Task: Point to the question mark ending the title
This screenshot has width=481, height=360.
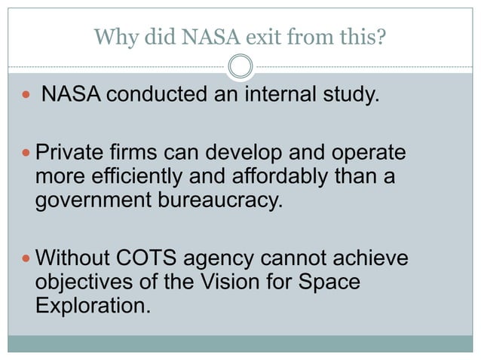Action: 382,35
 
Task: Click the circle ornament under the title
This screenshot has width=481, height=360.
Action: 240,68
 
